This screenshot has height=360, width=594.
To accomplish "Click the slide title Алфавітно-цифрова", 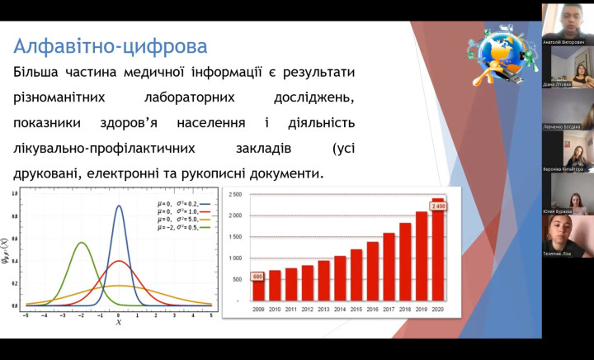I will [x=111, y=45].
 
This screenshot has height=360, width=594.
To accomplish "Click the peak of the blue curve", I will [x=119, y=206].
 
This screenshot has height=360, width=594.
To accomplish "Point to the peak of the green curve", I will [x=81, y=243].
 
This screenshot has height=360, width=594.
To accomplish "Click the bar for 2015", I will [x=356, y=274].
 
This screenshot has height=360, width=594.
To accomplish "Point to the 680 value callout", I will [x=258, y=277].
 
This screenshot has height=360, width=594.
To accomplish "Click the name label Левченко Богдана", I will [x=563, y=126].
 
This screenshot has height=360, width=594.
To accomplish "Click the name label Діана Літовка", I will [x=562, y=83].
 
